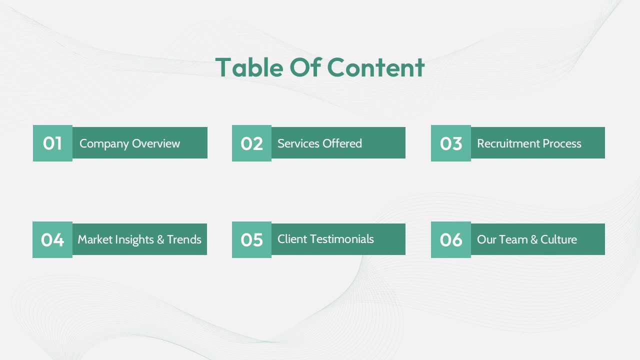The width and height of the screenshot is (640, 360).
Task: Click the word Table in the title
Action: pyautogui.click(x=249, y=67)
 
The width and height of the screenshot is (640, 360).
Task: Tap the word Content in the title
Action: pyautogui.click(x=375, y=67)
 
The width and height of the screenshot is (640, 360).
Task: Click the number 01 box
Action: pyautogui.click(x=52, y=143)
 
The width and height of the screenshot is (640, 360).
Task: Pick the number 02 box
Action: pyautogui.click(x=251, y=143)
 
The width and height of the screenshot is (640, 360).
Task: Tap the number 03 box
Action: pyautogui.click(x=451, y=143)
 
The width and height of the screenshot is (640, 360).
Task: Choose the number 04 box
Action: pyautogui.click(x=52, y=239)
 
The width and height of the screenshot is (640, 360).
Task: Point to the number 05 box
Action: pyautogui.click(x=251, y=239)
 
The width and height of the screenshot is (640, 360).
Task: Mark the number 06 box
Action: pyautogui.click(x=451, y=239)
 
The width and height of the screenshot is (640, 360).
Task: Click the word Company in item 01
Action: pyautogui.click(x=104, y=144)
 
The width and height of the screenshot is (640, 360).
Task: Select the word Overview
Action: pyautogui.click(x=156, y=143)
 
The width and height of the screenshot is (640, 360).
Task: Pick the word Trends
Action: pyautogui.click(x=184, y=239)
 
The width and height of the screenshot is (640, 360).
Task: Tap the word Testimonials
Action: pyautogui.click(x=346, y=239)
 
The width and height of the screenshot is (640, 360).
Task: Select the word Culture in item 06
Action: pyautogui.click(x=558, y=239)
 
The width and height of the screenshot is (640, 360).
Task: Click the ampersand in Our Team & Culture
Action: pyautogui.click(x=534, y=239)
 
